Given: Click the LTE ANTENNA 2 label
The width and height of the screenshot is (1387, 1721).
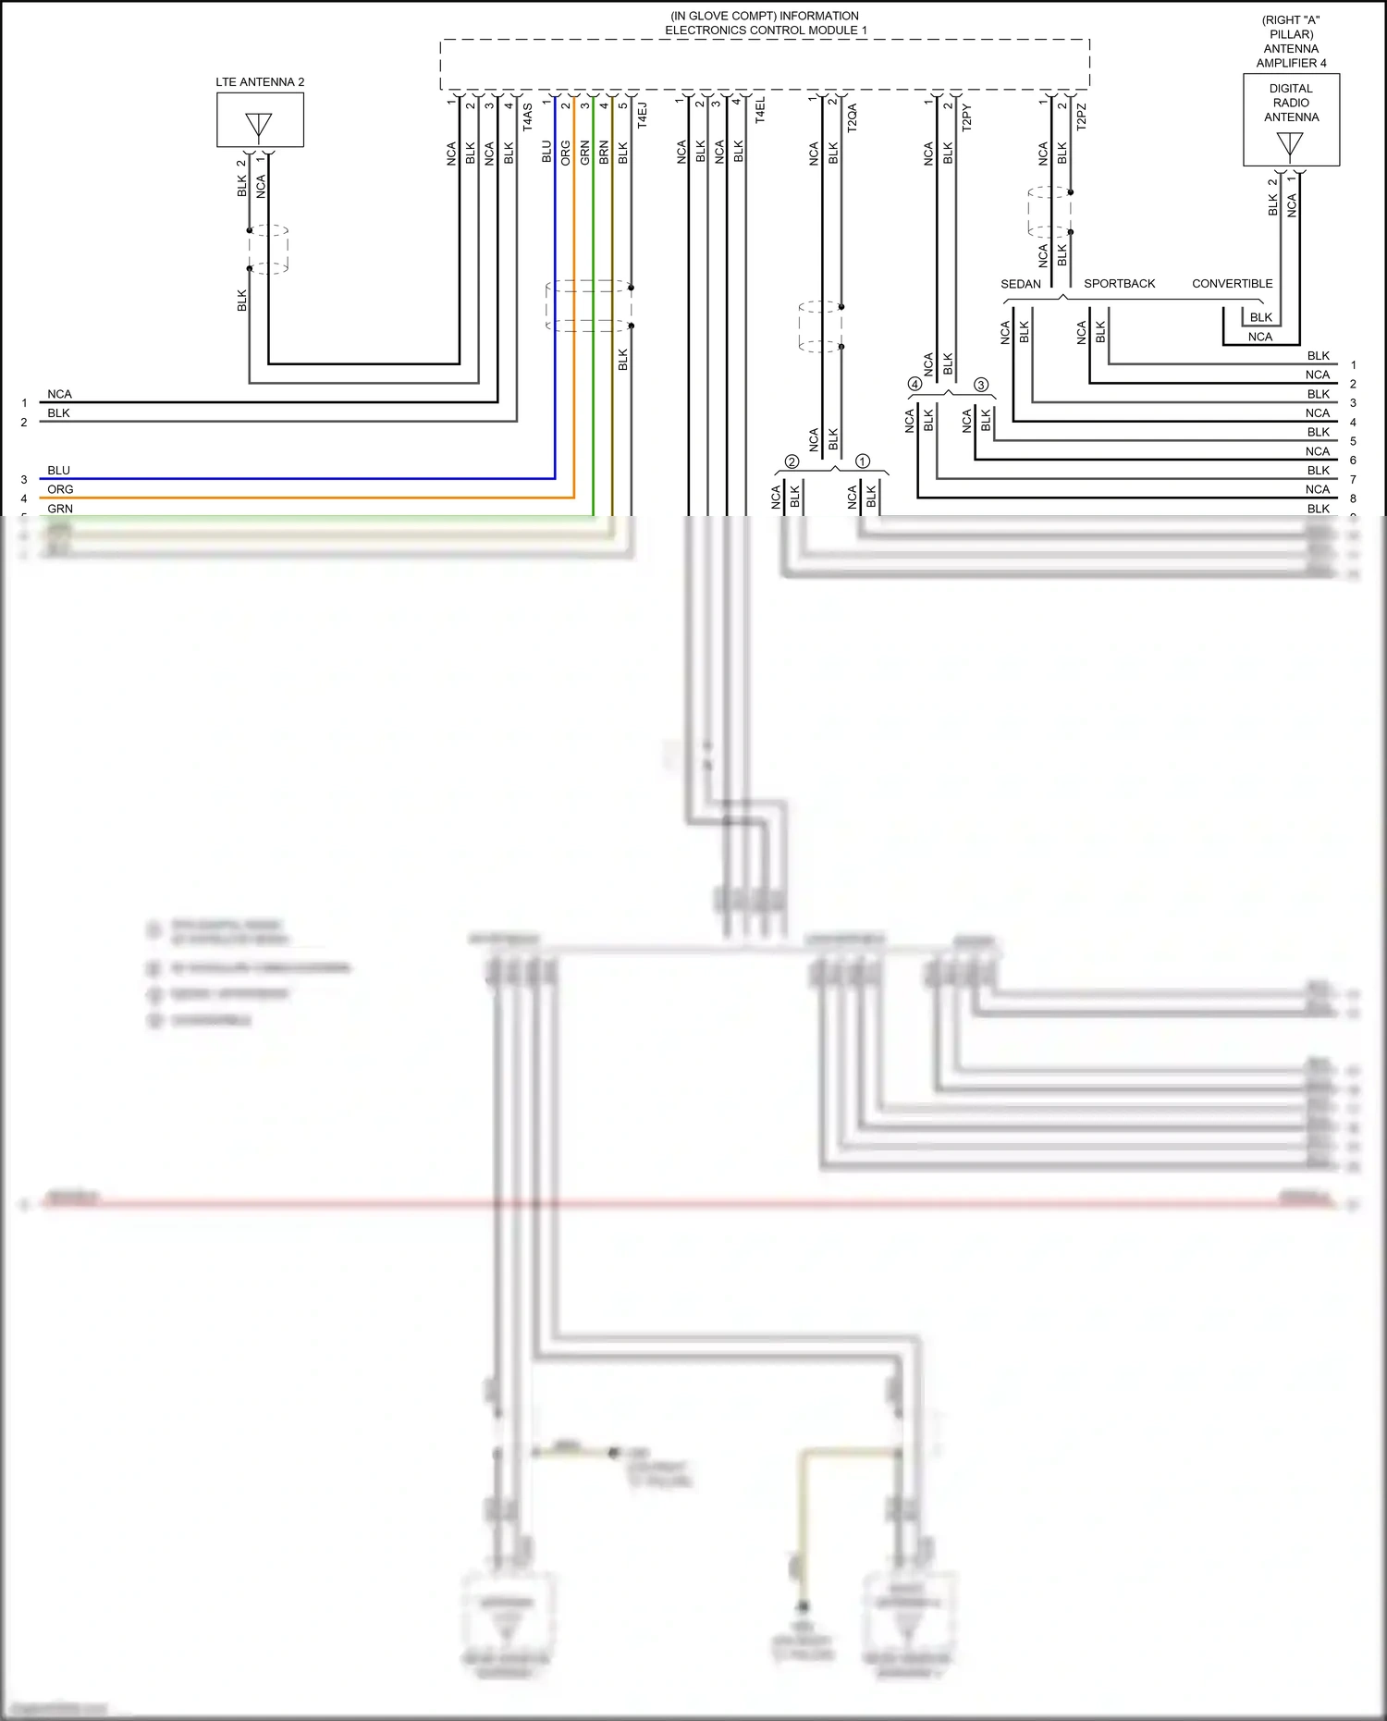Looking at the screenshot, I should (260, 82).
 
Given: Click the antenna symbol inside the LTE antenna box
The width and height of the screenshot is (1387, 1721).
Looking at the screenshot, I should (259, 125).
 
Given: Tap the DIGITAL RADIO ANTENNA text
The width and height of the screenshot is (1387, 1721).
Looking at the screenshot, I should (1291, 103).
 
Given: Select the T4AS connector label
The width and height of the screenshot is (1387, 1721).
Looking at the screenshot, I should (528, 117).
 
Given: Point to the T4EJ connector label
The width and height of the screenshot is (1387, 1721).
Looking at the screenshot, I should (643, 115).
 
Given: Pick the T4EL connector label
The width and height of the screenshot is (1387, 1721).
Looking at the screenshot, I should (760, 111).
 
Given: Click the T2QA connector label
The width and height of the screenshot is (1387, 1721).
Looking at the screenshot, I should (853, 117).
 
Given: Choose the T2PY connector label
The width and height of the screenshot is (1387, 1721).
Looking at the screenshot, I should (967, 117).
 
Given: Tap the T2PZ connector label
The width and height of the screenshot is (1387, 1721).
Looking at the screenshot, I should (1082, 117).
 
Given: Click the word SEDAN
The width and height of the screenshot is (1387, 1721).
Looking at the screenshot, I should (1021, 284).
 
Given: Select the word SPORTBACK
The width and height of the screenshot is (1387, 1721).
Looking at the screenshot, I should (1119, 284).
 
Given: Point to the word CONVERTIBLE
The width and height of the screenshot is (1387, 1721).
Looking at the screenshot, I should (1232, 284).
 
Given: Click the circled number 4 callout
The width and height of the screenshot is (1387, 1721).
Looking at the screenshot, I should (914, 384).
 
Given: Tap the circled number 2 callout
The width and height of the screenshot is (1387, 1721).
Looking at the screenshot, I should (792, 461).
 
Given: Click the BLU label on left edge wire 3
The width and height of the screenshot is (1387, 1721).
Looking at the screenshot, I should (59, 471).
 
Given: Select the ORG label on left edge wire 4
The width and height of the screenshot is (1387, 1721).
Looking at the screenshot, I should (60, 489).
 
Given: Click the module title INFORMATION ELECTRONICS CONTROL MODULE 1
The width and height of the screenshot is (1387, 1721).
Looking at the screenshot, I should (765, 23).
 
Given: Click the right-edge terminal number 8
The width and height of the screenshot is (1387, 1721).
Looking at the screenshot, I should (1353, 498).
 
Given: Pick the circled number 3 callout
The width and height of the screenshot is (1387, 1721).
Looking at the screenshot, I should (981, 384).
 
